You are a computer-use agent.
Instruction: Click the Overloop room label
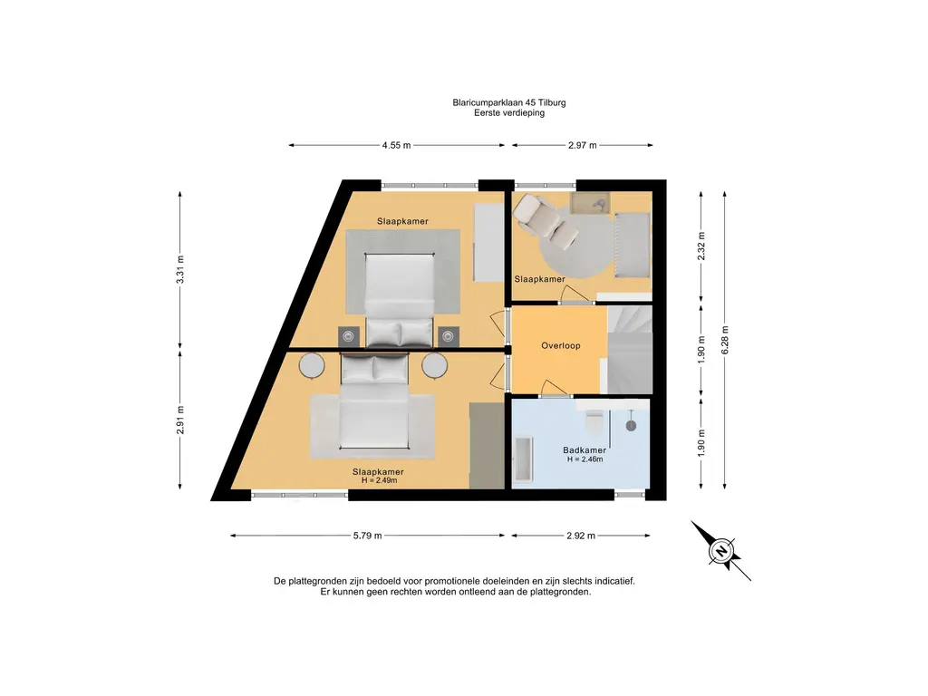point(560,345)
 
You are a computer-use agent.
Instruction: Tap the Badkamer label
point(585,450)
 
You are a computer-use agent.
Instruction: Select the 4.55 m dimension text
point(396,145)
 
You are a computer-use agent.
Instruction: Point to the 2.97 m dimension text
point(583,145)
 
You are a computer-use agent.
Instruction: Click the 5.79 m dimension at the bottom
point(368,536)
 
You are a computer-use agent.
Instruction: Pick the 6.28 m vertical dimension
point(725,341)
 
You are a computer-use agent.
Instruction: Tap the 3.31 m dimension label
point(180,269)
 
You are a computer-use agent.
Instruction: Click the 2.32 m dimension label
point(701,246)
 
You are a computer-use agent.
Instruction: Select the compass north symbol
point(720,551)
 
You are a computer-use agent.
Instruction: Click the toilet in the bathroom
point(594,420)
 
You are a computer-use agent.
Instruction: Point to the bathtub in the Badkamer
point(523,459)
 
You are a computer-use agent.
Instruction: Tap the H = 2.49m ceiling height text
point(380,480)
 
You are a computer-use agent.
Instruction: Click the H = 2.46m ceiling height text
point(585,459)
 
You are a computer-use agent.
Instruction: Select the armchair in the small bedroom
point(545,220)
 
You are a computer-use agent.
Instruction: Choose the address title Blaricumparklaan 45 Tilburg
point(509,102)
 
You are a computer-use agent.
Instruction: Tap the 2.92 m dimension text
point(581,536)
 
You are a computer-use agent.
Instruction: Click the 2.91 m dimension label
point(180,420)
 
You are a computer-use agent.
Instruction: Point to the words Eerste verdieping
point(509,112)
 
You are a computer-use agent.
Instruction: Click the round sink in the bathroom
point(631,425)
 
